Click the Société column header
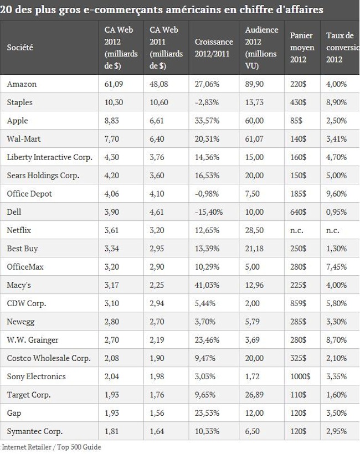click(x=20, y=48)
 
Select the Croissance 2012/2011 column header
click(x=214, y=48)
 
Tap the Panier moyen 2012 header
click(x=302, y=48)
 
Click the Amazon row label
click(x=22, y=84)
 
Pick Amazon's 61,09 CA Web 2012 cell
click(x=114, y=84)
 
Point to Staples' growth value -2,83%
click(x=207, y=102)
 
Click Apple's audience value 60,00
click(x=254, y=121)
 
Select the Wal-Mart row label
click(x=24, y=139)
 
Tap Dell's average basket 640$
click(x=299, y=212)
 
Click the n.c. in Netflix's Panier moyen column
click(x=296, y=230)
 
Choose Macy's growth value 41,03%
click(x=207, y=285)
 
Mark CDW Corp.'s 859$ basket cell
click(x=299, y=303)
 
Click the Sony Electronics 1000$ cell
click(x=300, y=376)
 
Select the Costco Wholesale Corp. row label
click(x=49, y=358)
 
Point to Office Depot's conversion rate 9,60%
click(x=336, y=194)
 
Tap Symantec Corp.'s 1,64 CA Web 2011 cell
click(x=157, y=431)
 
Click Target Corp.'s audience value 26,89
click(x=254, y=395)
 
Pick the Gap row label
click(x=14, y=413)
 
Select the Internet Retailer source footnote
click(x=52, y=447)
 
